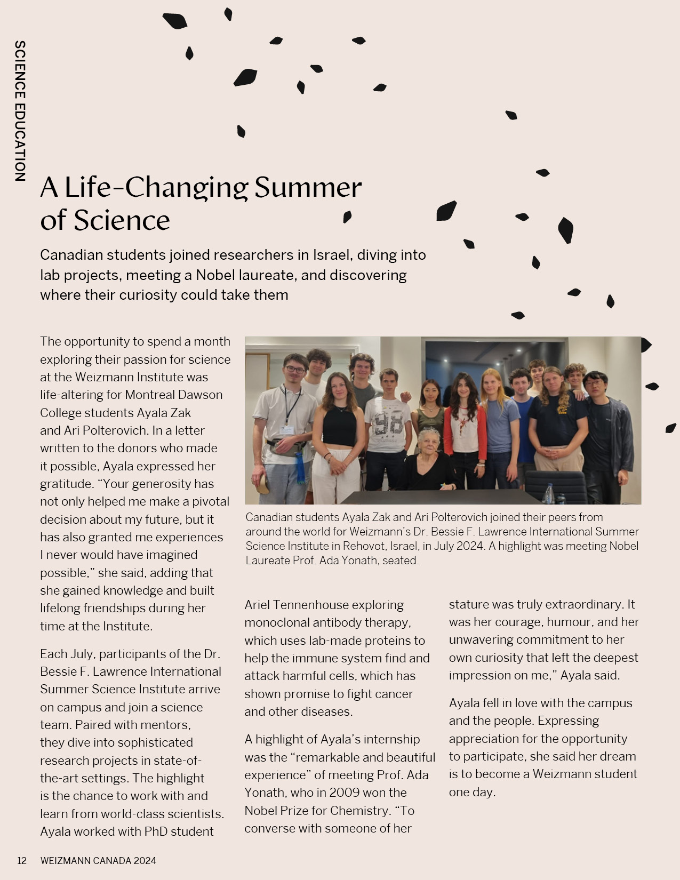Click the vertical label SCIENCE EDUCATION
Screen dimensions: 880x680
pos(20,111)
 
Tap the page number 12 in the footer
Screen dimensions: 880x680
pos(22,860)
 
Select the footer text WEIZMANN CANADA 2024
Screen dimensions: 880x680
pos(98,860)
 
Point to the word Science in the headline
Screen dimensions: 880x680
pos(122,220)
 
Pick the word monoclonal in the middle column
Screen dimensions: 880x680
pos(277,622)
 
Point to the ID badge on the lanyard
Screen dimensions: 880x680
pos(286,430)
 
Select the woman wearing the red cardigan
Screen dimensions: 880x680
pos(465,427)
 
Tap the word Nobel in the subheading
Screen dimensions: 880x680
pos(217,275)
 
